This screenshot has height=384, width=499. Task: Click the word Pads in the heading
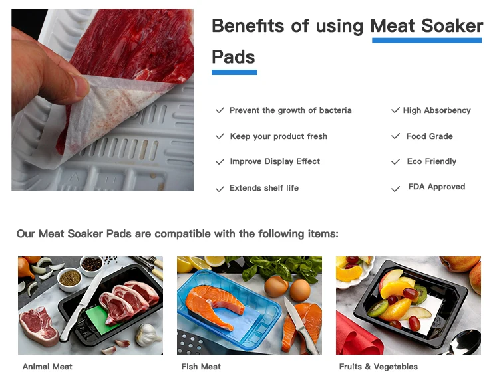(234, 56)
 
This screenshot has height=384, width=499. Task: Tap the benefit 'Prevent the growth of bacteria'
(290, 110)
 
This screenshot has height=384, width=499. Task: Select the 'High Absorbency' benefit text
(436, 110)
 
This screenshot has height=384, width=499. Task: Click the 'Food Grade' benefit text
(429, 136)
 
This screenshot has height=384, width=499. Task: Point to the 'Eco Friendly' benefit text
(431, 161)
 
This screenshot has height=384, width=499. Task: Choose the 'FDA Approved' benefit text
(436, 187)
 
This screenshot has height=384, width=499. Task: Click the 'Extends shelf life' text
(263, 188)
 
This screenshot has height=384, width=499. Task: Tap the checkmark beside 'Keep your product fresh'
(220, 136)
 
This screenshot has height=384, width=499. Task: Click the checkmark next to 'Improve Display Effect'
(220, 162)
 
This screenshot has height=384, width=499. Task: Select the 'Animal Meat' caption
(47, 367)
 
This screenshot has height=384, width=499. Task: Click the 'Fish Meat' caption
(201, 367)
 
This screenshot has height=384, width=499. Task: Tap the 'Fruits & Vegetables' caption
(378, 367)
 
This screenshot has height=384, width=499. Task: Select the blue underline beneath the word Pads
(234, 72)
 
